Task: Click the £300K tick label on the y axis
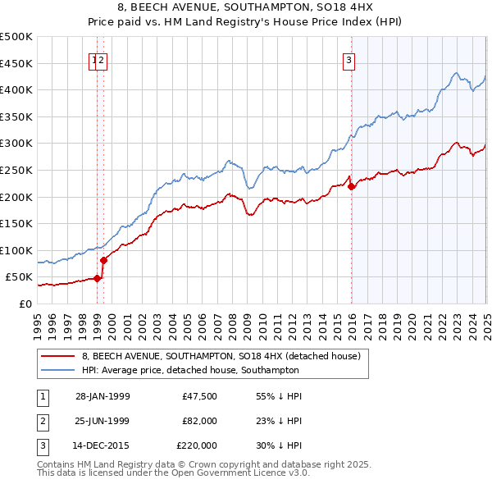[16, 143]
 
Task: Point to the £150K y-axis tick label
[16, 223]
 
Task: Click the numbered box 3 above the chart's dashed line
[349, 59]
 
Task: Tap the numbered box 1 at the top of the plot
[93, 59]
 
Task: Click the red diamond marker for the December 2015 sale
[352, 187]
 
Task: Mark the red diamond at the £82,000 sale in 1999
[104, 260]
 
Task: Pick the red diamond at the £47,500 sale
[98, 278]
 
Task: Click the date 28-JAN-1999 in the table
[102, 396]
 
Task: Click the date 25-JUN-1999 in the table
[102, 421]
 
